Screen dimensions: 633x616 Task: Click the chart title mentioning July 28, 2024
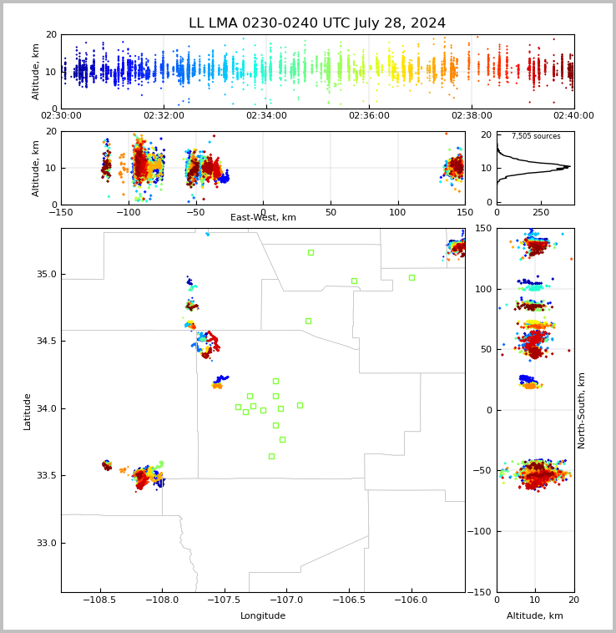pos(317,23)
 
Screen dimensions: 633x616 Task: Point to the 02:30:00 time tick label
pos(61,116)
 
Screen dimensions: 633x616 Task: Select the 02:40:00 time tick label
pos(573,116)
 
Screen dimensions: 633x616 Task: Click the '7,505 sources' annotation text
pos(536,136)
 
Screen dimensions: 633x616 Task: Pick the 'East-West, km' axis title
pos(263,218)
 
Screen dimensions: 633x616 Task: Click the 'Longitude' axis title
pos(263,616)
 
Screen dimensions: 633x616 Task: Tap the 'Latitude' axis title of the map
pos(28,411)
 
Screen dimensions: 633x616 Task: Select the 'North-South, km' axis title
pos(583,410)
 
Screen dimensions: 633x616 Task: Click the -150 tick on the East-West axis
pos(61,213)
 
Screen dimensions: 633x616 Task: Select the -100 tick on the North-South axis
pos(479,531)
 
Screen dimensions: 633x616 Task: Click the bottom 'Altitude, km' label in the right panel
pos(535,616)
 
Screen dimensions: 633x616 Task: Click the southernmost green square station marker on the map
pos(271,456)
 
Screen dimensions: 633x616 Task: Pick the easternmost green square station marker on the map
pos(412,277)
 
